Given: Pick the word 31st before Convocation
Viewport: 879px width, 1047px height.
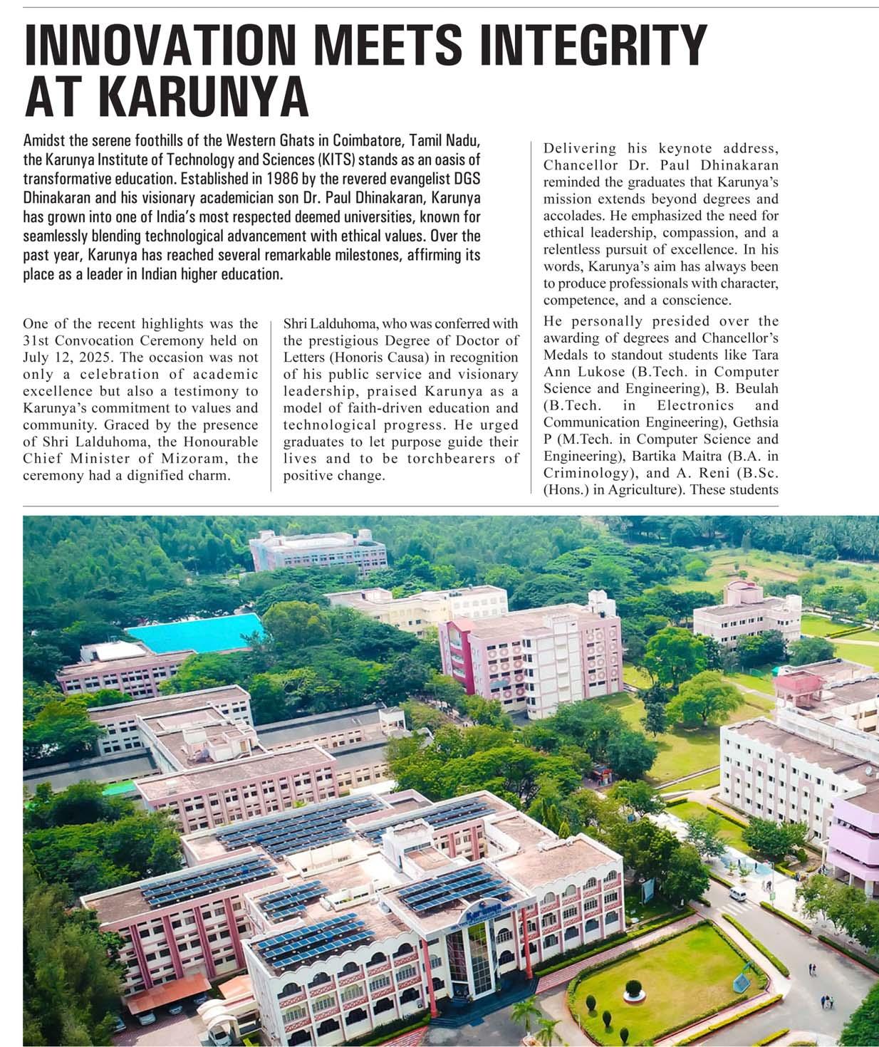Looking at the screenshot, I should click(36, 340).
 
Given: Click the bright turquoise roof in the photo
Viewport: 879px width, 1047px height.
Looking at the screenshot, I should click(196, 632).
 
